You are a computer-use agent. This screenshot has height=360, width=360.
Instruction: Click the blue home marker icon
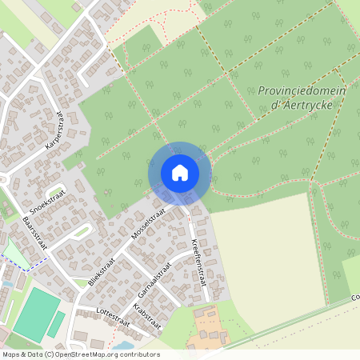(179, 172)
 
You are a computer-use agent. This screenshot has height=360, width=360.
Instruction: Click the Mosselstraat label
(149, 226)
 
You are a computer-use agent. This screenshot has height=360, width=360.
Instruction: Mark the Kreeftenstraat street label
(199, 261)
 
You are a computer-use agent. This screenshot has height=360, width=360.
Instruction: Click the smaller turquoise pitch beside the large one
(56, 324)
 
